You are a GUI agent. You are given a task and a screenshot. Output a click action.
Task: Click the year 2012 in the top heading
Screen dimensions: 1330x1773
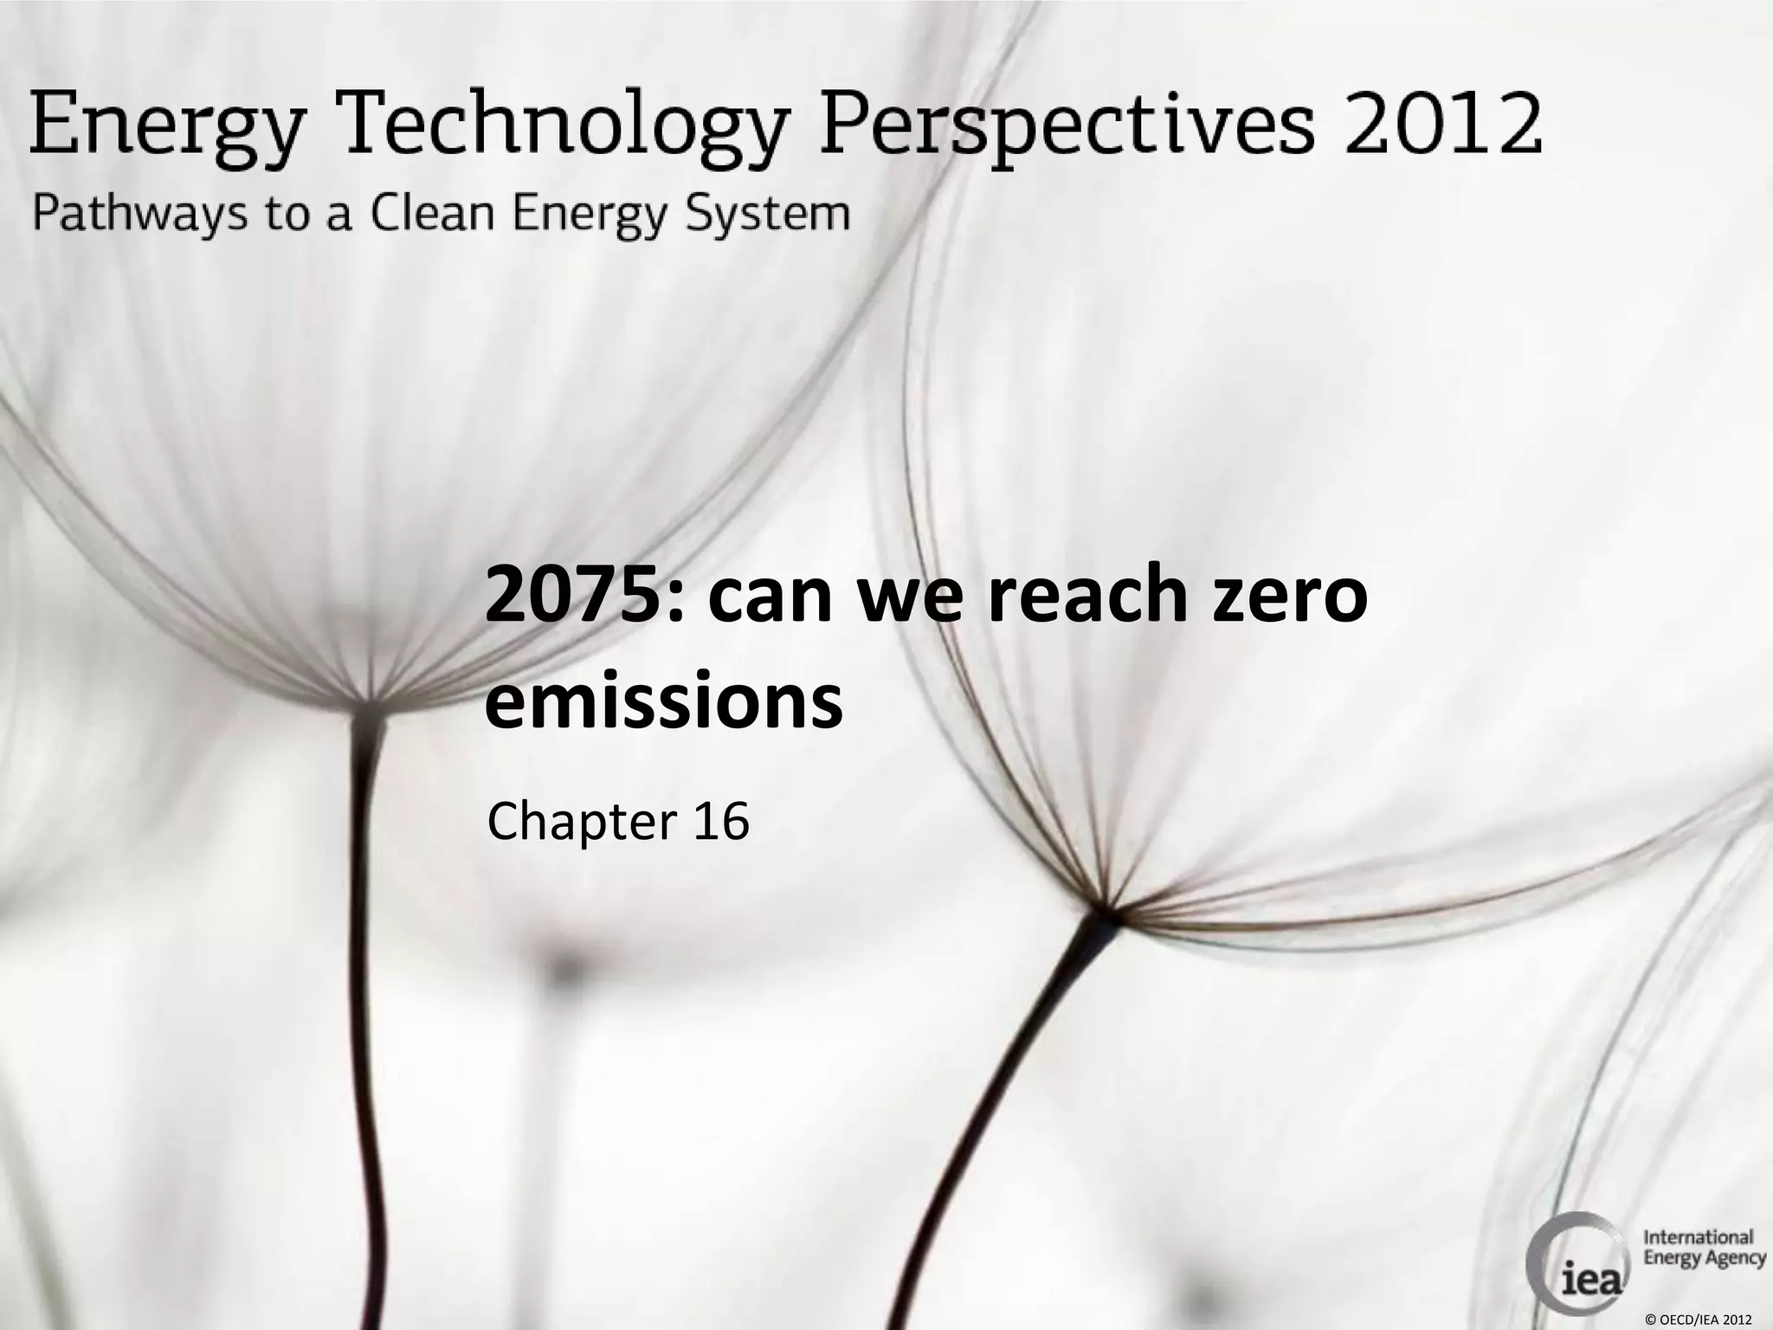pos(1442,126)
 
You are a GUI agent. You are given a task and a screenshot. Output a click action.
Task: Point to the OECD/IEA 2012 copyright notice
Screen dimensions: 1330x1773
pos(1698,1320)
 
